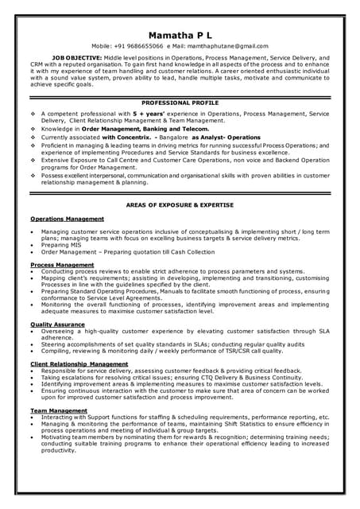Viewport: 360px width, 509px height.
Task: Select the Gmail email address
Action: (228, 47)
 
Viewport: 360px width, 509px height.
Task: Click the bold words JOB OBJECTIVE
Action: (76, 58)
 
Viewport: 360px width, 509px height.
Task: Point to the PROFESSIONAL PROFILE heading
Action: (180, 103)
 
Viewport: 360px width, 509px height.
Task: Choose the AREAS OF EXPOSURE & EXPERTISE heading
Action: (180, 205)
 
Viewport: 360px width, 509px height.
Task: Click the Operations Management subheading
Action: (67, 218)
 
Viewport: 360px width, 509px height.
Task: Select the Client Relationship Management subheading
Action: (79, 363)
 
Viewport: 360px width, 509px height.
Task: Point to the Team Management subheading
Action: (58, 410)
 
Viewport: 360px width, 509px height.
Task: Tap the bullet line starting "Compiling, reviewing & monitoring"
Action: (151, 350)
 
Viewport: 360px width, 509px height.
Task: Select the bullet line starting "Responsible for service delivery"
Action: (171, 371)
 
